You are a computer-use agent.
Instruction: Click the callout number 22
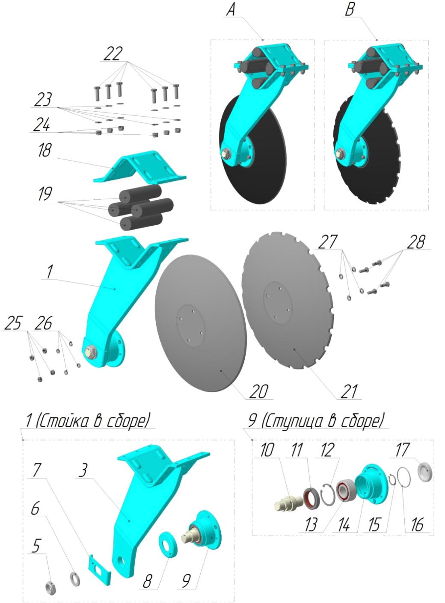pyautogui.click(x=113, y=53)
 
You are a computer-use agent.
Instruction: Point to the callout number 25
pyautogui.click(x=13, y=323)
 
